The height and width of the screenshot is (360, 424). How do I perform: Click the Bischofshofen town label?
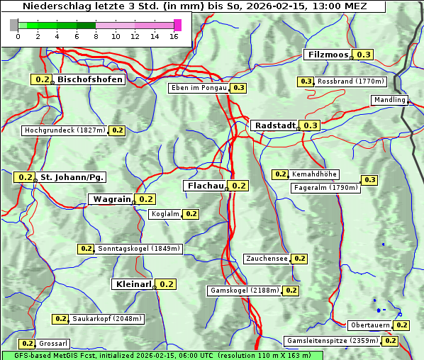pyautogui.click(x=90, y=80)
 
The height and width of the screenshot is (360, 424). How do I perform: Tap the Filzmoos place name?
pyautogui.click(x=328, y=55)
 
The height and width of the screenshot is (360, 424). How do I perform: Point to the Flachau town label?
pyautogui.click(x=205, y=186)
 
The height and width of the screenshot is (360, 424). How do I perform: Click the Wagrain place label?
pyautogui.click(x=111, y=199)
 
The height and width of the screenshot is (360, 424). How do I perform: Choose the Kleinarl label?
pyautogui.click(x=133, y=284)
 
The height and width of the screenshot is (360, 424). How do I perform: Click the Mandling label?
pyautogui.click(x=390, y=100)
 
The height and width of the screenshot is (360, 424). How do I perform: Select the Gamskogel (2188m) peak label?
pyautogui.click(x=245, y=291)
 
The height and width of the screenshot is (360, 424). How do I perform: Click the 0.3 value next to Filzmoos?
pyautogui.click(x=364, y=55)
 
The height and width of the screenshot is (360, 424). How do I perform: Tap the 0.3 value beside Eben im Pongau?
pyautogui.click(x=238, y=88)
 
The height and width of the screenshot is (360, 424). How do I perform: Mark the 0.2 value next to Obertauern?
pyautogui.click(x=402, y=325)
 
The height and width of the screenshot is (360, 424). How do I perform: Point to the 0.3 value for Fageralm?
pyautogui.click(x=369, y=180)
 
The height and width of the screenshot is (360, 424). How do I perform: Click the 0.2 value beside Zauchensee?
pyautogui.click(x=300, y=259)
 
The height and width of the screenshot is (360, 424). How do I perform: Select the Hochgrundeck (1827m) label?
pyautogui.click(x=65, y=130)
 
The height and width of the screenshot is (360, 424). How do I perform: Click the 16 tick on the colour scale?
pyautogui.click(x=174, y=36)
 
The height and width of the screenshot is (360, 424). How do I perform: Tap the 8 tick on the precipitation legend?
pyautogui.click(x=96, y=36)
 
